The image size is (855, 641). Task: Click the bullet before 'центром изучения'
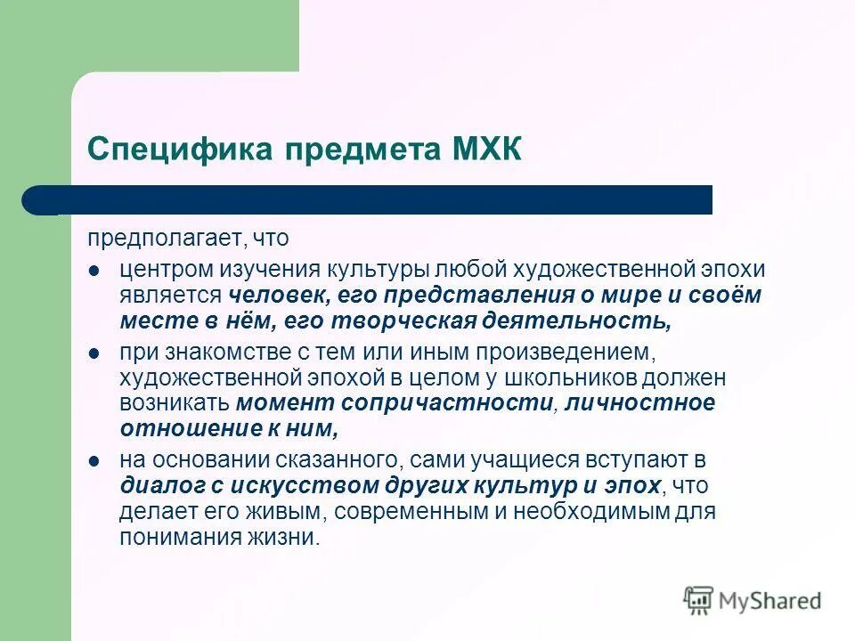pyautogui.click(x=94, y=269)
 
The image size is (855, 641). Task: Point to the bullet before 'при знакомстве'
pyautogui.click(x=94, y=354)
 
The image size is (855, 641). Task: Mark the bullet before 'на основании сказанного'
pyautogui.click(x=94, y=461)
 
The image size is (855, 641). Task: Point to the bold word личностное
pyautogui.click(x=639, y=402)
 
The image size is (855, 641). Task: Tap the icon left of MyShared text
pyautogui.click(x=698, y=600)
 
